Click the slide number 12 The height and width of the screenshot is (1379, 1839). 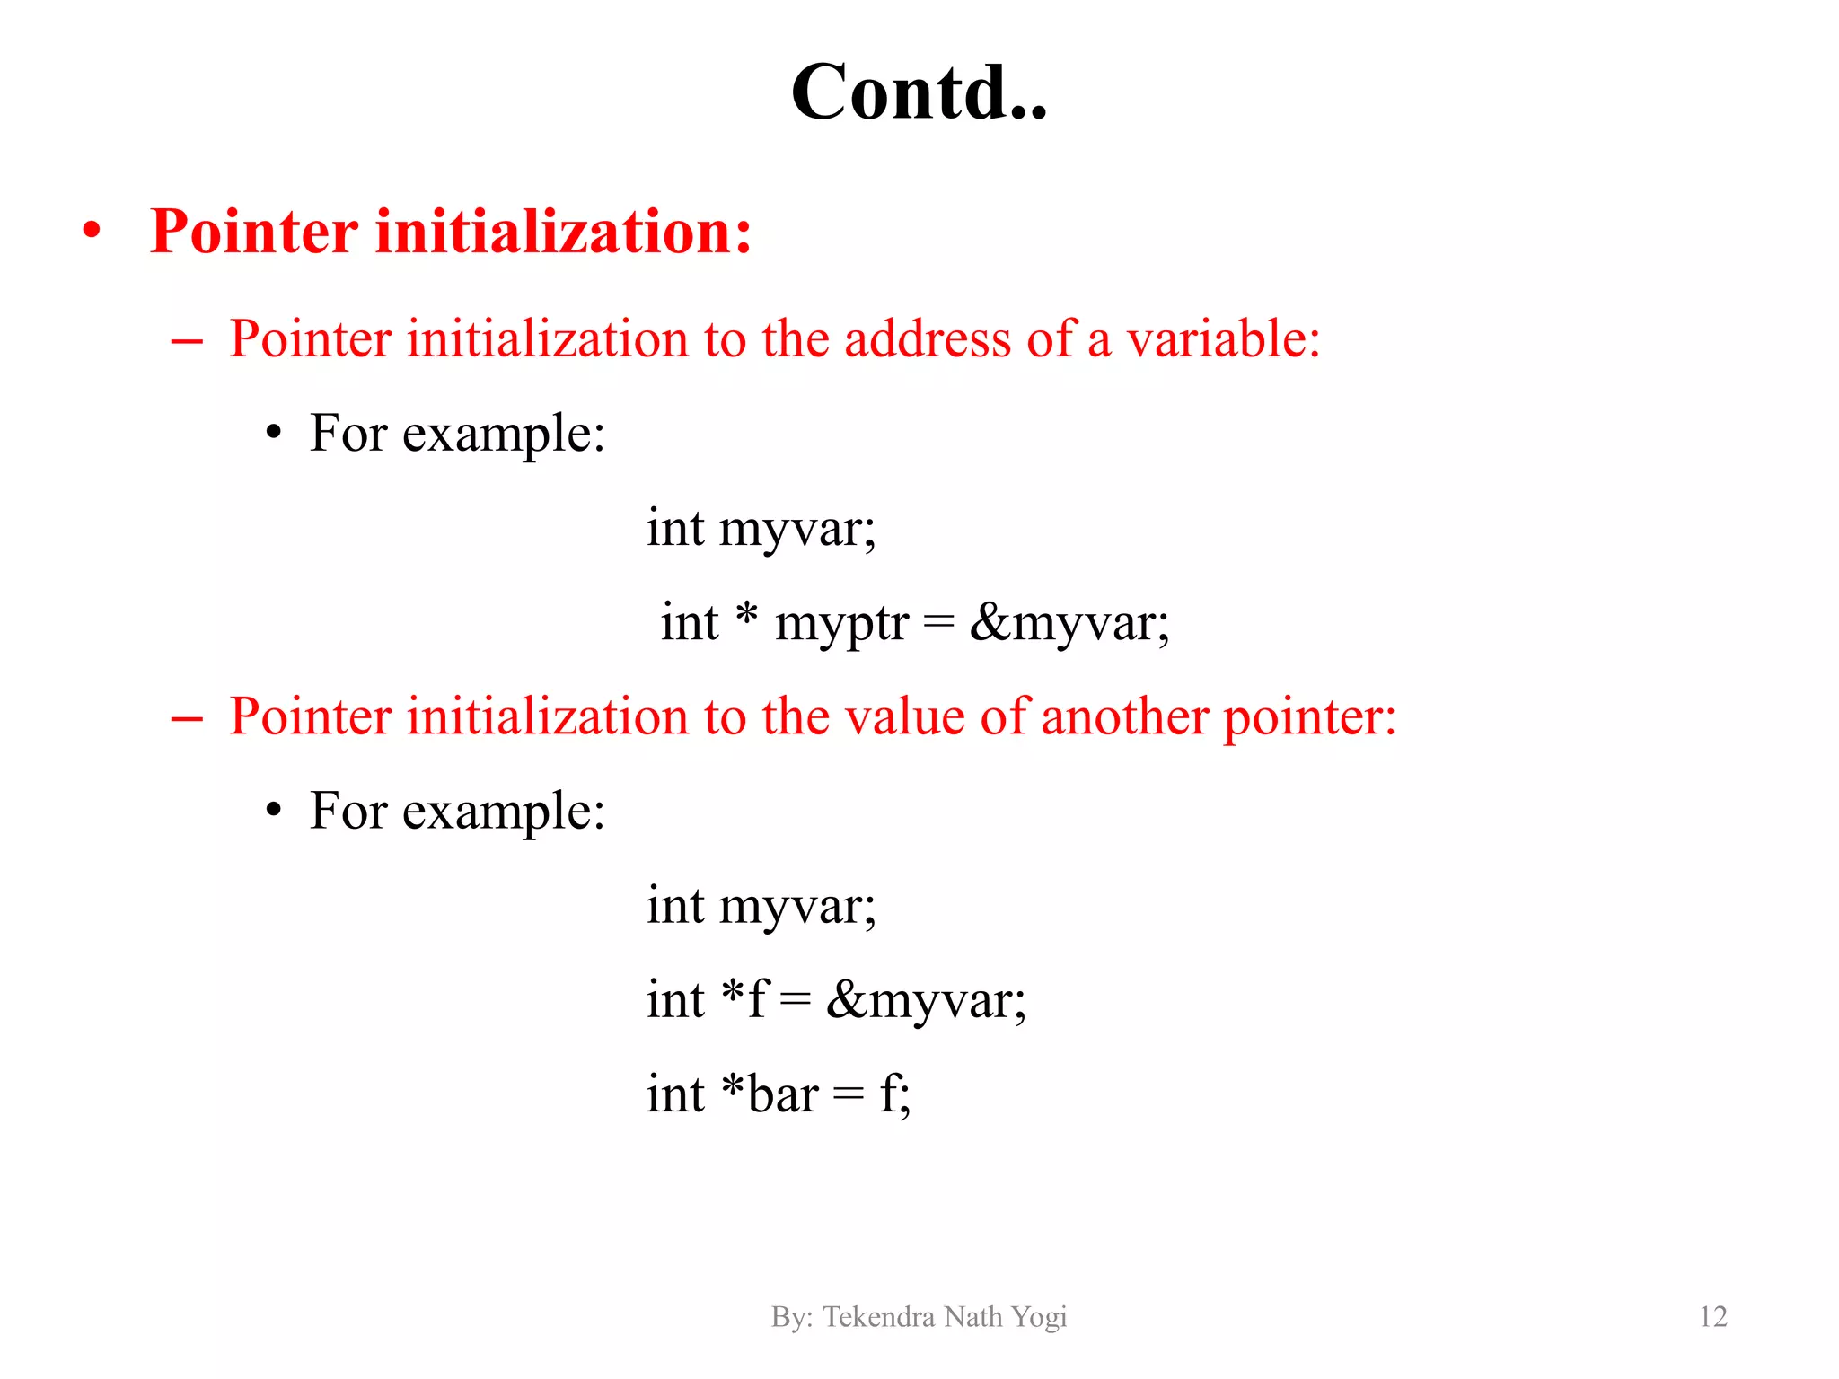1712,1316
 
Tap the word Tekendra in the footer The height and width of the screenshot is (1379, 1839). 878,1316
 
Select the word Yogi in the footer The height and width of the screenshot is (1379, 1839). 1038,1317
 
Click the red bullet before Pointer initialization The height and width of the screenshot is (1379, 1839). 92,230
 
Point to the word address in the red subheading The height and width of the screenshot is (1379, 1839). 928,339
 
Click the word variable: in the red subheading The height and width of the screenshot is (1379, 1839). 1223,339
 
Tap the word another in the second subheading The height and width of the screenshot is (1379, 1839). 1124,716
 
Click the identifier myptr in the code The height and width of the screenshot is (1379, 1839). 841,623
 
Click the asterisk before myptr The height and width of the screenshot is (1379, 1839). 746,616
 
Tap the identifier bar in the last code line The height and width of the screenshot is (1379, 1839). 783,1094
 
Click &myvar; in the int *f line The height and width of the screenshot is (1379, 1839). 926,1000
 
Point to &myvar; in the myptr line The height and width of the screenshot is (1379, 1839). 1069,623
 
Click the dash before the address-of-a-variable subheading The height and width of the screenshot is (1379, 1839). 186,341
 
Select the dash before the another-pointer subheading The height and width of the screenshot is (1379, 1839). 186,718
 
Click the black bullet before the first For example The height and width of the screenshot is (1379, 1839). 274,434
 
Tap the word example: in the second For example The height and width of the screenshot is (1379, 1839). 504,812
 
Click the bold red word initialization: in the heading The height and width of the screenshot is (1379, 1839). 563,232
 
